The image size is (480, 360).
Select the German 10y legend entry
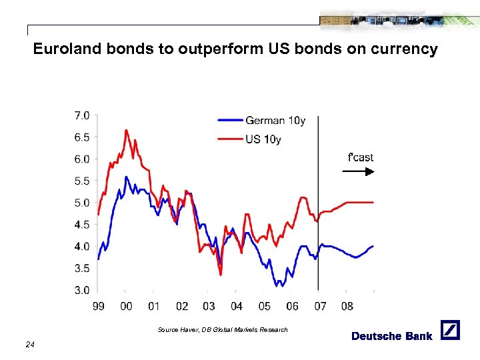coord(275,121)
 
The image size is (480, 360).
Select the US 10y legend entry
coord(263,139)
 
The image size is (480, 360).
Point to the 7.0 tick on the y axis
coord(81,116)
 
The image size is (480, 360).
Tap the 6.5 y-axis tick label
coord(81,137)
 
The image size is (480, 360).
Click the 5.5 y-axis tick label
coord(81,181)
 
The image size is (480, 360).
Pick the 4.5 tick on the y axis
coord(81,225)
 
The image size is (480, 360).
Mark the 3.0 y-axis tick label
coord(81,290)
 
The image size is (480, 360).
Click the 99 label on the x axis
coord(99,306)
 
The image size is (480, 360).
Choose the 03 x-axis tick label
coord(209,306)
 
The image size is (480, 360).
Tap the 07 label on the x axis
coord(319,306)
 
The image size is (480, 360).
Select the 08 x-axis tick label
coord(347,306)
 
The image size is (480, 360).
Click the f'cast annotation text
coord(361,157)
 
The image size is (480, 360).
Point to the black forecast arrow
coord(358,171)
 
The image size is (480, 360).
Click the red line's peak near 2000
coord(125,130)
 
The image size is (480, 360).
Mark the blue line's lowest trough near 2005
coord(276,286)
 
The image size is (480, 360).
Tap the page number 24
coord(29,345)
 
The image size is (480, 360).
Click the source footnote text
coord(223,330)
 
